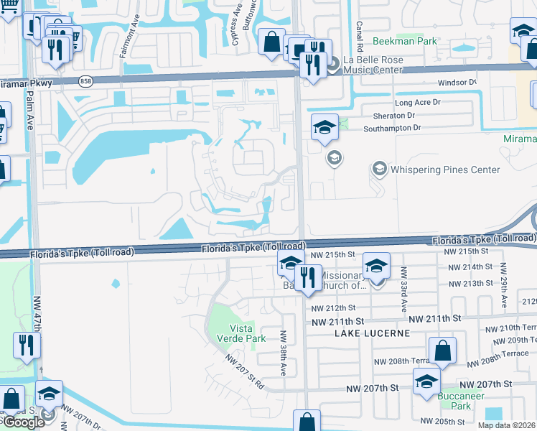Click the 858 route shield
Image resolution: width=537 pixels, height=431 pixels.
pos(86,80)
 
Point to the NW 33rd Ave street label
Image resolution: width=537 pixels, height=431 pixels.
pos(404,283)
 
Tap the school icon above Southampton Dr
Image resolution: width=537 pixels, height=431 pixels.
pos(324,128)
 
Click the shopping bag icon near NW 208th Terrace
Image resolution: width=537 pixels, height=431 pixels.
pos(444,352)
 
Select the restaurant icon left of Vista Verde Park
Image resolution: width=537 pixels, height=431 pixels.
pos(27,346)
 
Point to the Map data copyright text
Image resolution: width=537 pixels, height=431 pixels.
pos(507,425)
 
